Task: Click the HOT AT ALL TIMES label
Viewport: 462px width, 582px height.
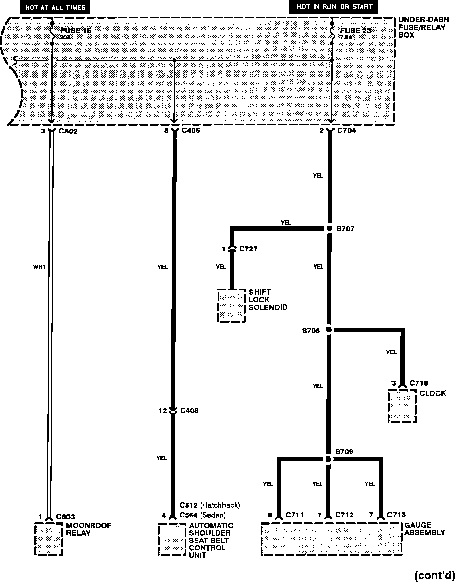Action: (55, 7)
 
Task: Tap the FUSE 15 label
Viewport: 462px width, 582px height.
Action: (76, 31)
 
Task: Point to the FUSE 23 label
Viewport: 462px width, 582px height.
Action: (356, 31)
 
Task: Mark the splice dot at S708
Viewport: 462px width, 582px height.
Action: (329, 330)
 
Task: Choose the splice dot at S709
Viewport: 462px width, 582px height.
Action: (328, 459)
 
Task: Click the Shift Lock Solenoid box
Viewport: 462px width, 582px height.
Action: (231, 305)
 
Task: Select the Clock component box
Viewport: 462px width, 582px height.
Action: (402, 406)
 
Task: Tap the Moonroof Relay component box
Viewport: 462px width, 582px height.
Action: (49, 539)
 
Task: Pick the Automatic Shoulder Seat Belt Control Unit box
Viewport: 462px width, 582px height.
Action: (172, 539)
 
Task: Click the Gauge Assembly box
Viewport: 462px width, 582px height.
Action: (331, 538)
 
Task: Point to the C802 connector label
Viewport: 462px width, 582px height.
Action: (68, 131)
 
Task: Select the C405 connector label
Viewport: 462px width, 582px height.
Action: (191, 130)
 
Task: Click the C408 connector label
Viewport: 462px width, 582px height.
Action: (189, 410)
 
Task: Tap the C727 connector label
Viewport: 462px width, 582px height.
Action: (248, 249)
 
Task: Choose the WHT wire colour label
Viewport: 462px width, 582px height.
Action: (39, 267)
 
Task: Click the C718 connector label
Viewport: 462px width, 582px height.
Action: (419, 383)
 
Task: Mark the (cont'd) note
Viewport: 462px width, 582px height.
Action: (434, 575)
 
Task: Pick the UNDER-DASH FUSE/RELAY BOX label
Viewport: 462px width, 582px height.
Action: (423, 27)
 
